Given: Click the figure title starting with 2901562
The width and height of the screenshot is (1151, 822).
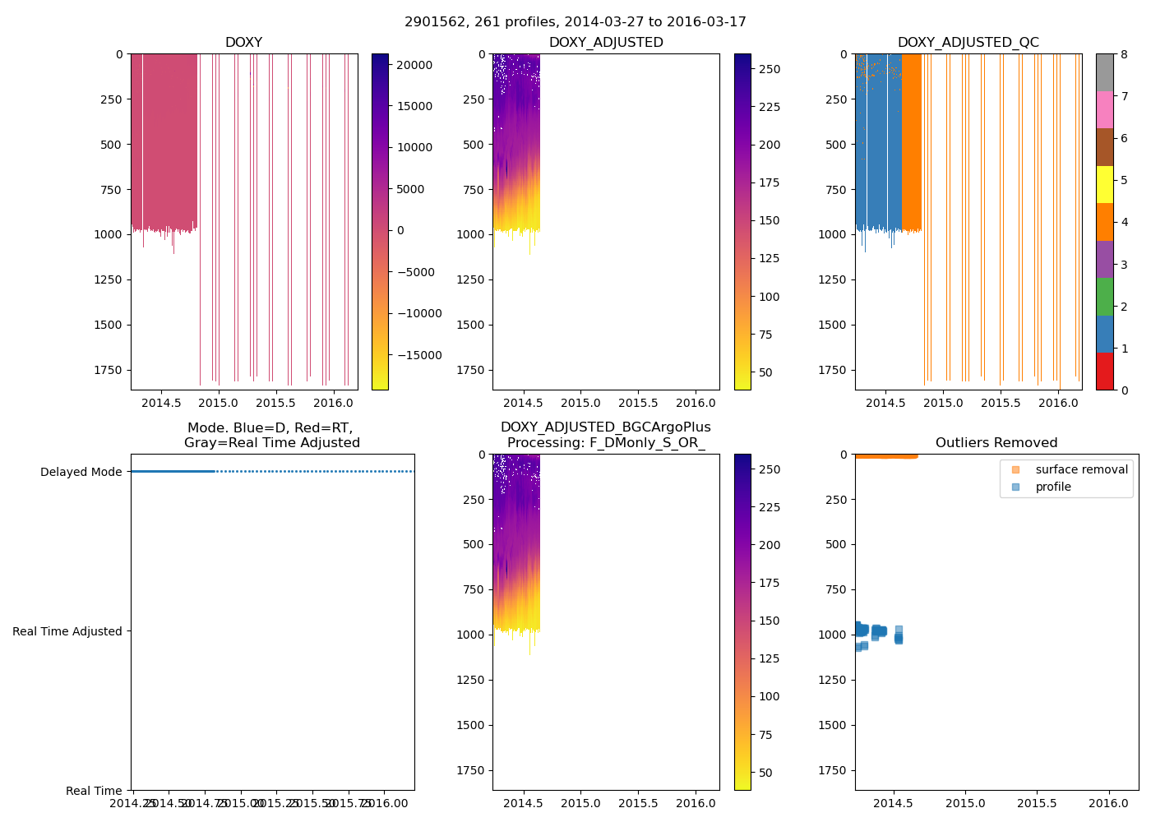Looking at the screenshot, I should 575,22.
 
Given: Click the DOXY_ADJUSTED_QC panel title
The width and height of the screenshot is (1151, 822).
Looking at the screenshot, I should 968,42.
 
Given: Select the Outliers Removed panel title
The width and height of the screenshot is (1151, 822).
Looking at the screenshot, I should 996,443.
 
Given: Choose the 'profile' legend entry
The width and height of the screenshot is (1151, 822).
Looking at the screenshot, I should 1053,487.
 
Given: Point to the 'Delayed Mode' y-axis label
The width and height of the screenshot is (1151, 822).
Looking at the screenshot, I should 81,472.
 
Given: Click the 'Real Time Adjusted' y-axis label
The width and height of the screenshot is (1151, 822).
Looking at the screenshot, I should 67,631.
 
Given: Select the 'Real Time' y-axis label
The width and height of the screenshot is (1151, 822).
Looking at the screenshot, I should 94,791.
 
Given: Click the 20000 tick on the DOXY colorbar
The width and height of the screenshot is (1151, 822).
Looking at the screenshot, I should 415,65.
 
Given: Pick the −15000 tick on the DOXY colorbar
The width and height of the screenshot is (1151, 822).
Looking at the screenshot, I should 415,355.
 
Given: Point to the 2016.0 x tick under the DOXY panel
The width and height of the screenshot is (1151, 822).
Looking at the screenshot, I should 334,403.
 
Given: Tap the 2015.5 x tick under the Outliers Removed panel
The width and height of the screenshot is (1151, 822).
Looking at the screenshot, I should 1037,803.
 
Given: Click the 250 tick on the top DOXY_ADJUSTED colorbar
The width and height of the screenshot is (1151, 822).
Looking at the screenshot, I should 770,69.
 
